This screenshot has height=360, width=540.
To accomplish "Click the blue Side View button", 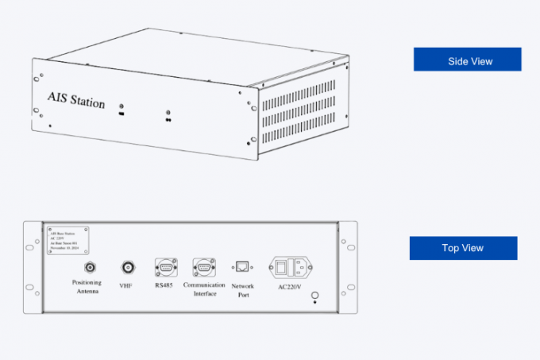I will pyautogui.click(x=467, y=60).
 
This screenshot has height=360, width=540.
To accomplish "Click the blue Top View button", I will pyautogui.click(x=463, y=248).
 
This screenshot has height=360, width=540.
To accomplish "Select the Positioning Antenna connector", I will pyautogui.click(x=91, y=267).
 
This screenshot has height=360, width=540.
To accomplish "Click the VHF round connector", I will pyautogui.click(x=127, y=267).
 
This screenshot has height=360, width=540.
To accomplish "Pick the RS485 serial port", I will pyautogui.click(x=165, y=267).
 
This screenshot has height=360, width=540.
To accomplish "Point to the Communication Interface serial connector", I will pyautogui.click(x=203, y=267).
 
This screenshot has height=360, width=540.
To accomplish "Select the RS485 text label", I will pyautogui.click(x=164, y=284).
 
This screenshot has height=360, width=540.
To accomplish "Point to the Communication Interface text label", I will pyautogui.click(x=204, y=288).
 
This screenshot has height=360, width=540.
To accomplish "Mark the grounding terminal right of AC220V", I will pyautogui.click(x=314, y=297).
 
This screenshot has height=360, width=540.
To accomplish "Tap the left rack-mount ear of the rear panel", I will pyautogui.click(x=33, y=266).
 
